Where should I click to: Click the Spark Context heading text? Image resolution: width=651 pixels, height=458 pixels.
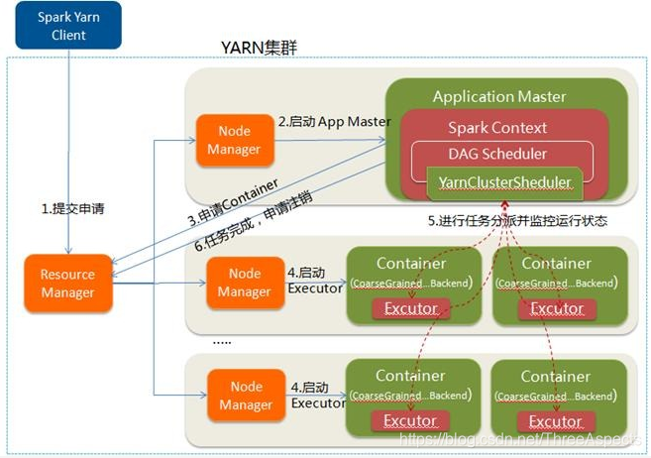(497, 128)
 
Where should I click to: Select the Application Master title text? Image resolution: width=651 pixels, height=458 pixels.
(499, 97)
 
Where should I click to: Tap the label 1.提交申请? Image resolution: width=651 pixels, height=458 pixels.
(72, 209)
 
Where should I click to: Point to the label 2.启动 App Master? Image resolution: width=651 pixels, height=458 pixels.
(334, 121)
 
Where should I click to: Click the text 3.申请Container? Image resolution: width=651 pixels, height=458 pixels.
(233, 206)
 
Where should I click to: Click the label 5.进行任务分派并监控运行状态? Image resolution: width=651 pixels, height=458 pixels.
(517, 221)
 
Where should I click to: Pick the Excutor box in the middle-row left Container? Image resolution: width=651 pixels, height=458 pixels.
(410, 308)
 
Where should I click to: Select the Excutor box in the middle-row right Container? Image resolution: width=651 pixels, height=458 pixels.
(556, 308)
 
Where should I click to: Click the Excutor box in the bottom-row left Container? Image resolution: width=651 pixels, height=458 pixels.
(410, 421)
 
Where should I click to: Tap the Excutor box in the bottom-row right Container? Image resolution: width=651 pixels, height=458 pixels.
(556, 421)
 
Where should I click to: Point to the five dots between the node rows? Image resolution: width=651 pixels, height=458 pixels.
(222, 340)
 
